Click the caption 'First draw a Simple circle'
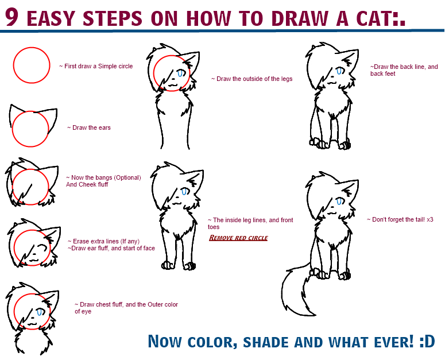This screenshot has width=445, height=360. point(96,66)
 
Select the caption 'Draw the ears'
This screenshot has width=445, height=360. point(89,127)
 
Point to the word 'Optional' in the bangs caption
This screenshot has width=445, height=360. point(127,177)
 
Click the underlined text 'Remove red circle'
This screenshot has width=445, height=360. point(238,238)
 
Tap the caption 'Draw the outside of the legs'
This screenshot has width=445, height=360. point(251,79)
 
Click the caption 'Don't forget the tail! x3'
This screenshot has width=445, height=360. point(400,219)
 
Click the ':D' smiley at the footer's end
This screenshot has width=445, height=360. point(427,342)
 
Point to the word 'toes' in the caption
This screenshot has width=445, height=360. point(214,227)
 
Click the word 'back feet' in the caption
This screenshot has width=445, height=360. point(383,73)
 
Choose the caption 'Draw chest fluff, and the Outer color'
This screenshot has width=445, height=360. point(126,304)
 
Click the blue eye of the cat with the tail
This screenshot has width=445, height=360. point(339,201)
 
